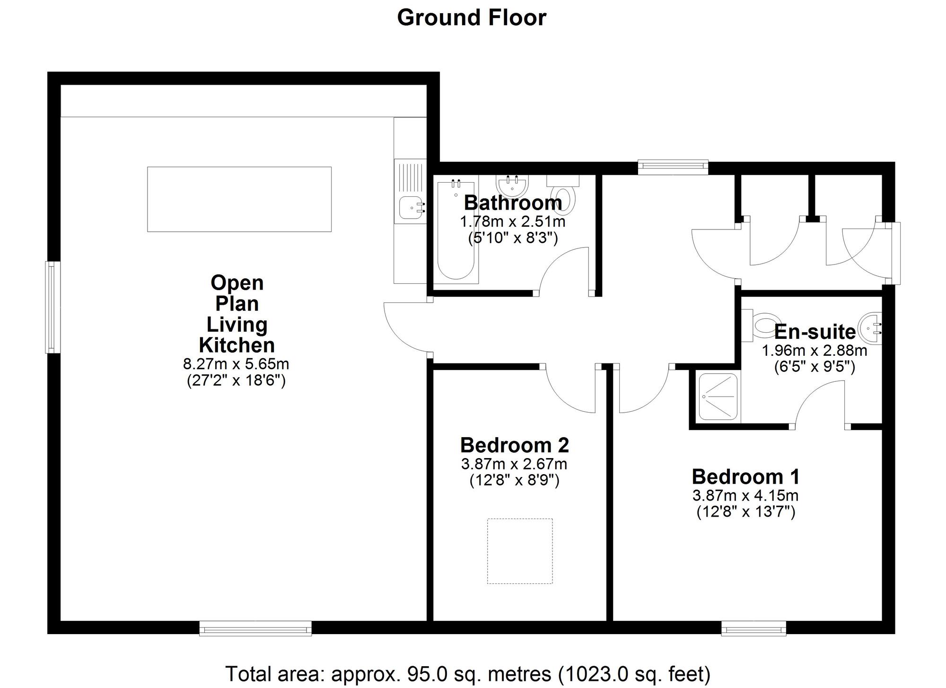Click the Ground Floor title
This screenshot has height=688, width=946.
coord(472,18)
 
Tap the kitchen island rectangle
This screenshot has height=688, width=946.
coord(239,199)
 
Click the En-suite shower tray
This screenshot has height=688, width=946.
coord(718,397)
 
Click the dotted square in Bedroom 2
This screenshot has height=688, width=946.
coord(520,551)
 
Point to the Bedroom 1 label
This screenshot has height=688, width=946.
coord(745,476)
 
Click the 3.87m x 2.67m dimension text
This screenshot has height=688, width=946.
coord(514,464)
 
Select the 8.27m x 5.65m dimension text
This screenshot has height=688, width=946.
coord(236,364)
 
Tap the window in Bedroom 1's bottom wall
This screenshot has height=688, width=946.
coord(753,629)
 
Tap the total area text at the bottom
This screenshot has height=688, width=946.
coord(467,674)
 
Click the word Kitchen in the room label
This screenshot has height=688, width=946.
coord(236,345)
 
